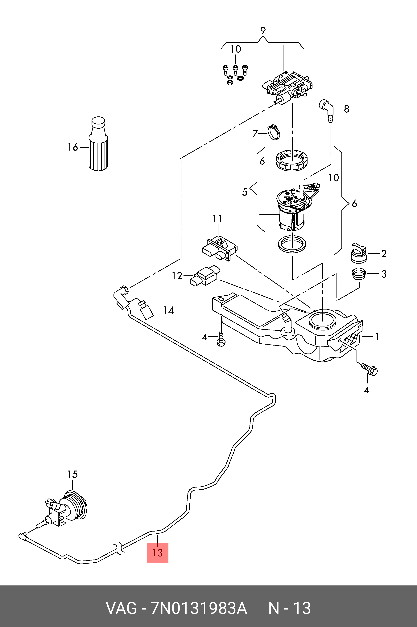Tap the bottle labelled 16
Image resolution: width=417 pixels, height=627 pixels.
[x=98, y=144]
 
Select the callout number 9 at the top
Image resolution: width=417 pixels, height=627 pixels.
[x=262, y=31]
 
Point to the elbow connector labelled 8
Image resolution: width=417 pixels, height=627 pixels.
[x=327, y=109]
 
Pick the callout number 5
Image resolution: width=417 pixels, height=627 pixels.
[x=245, y=192]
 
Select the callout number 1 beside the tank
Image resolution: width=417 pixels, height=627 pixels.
[x=377, y=337]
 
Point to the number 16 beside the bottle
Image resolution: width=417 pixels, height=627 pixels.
[x=73, y=147]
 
